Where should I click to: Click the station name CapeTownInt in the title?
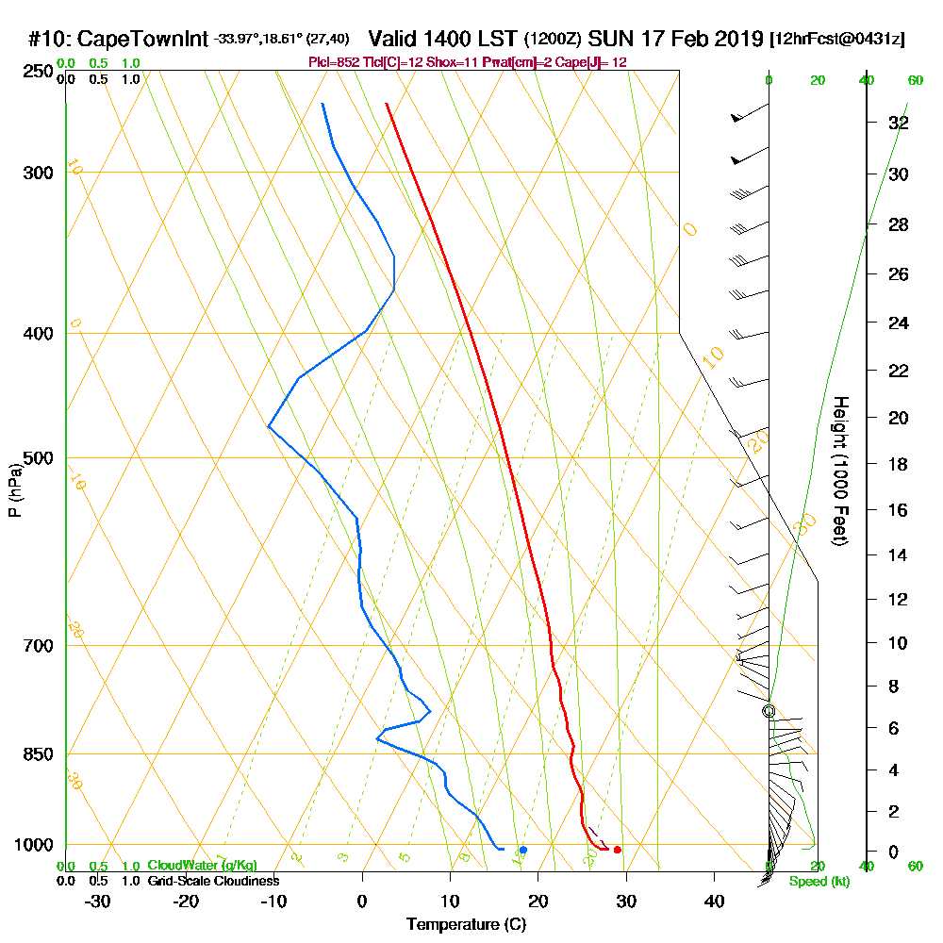(141, 40)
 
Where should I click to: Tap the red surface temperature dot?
(617, 850)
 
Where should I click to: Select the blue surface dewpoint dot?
(522, 850)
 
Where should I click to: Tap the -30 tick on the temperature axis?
(98, 901)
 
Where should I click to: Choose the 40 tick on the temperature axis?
(715, 901)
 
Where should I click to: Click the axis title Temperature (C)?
(466, 924)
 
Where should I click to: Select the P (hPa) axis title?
(14, 489)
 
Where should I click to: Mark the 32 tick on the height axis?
(899, 123)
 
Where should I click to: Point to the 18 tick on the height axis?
(899, 464)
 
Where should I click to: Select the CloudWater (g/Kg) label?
(202, 866)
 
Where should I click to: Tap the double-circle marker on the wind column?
(769, 711)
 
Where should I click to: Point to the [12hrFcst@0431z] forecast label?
(837, 40)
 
